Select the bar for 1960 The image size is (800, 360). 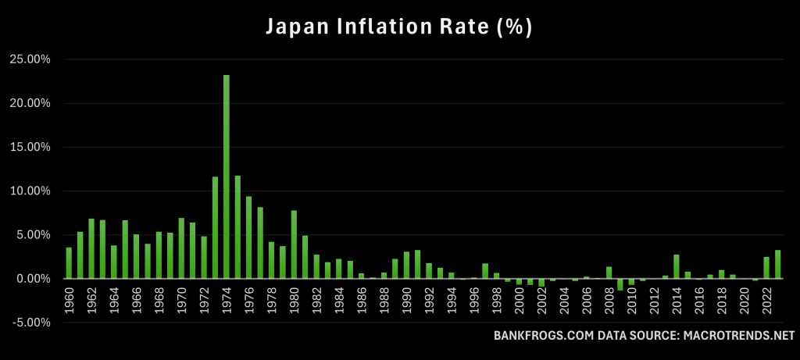[69, 263]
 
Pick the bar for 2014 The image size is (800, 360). [677, 266]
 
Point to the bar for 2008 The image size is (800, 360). [609, 273]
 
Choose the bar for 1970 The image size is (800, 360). [181, 248]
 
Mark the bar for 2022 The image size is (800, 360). [766, 268]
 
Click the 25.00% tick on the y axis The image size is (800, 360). [29, 59]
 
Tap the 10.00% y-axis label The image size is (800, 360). [29, 191]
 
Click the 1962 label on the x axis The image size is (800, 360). [91, 299]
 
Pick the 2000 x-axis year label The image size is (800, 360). [519, 299]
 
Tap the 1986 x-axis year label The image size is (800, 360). [362, 299]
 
